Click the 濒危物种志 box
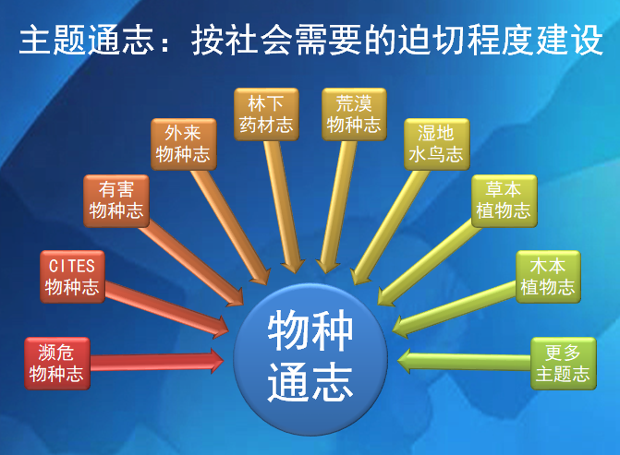[56, 363]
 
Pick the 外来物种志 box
[183, 144]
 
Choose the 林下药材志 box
[265, 113]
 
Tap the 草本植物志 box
[504, 199]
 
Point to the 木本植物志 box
[547, 276]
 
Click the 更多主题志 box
[562, 363]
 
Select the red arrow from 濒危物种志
[157, 359]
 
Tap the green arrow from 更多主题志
[462, 358]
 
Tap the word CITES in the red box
[72, 266]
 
